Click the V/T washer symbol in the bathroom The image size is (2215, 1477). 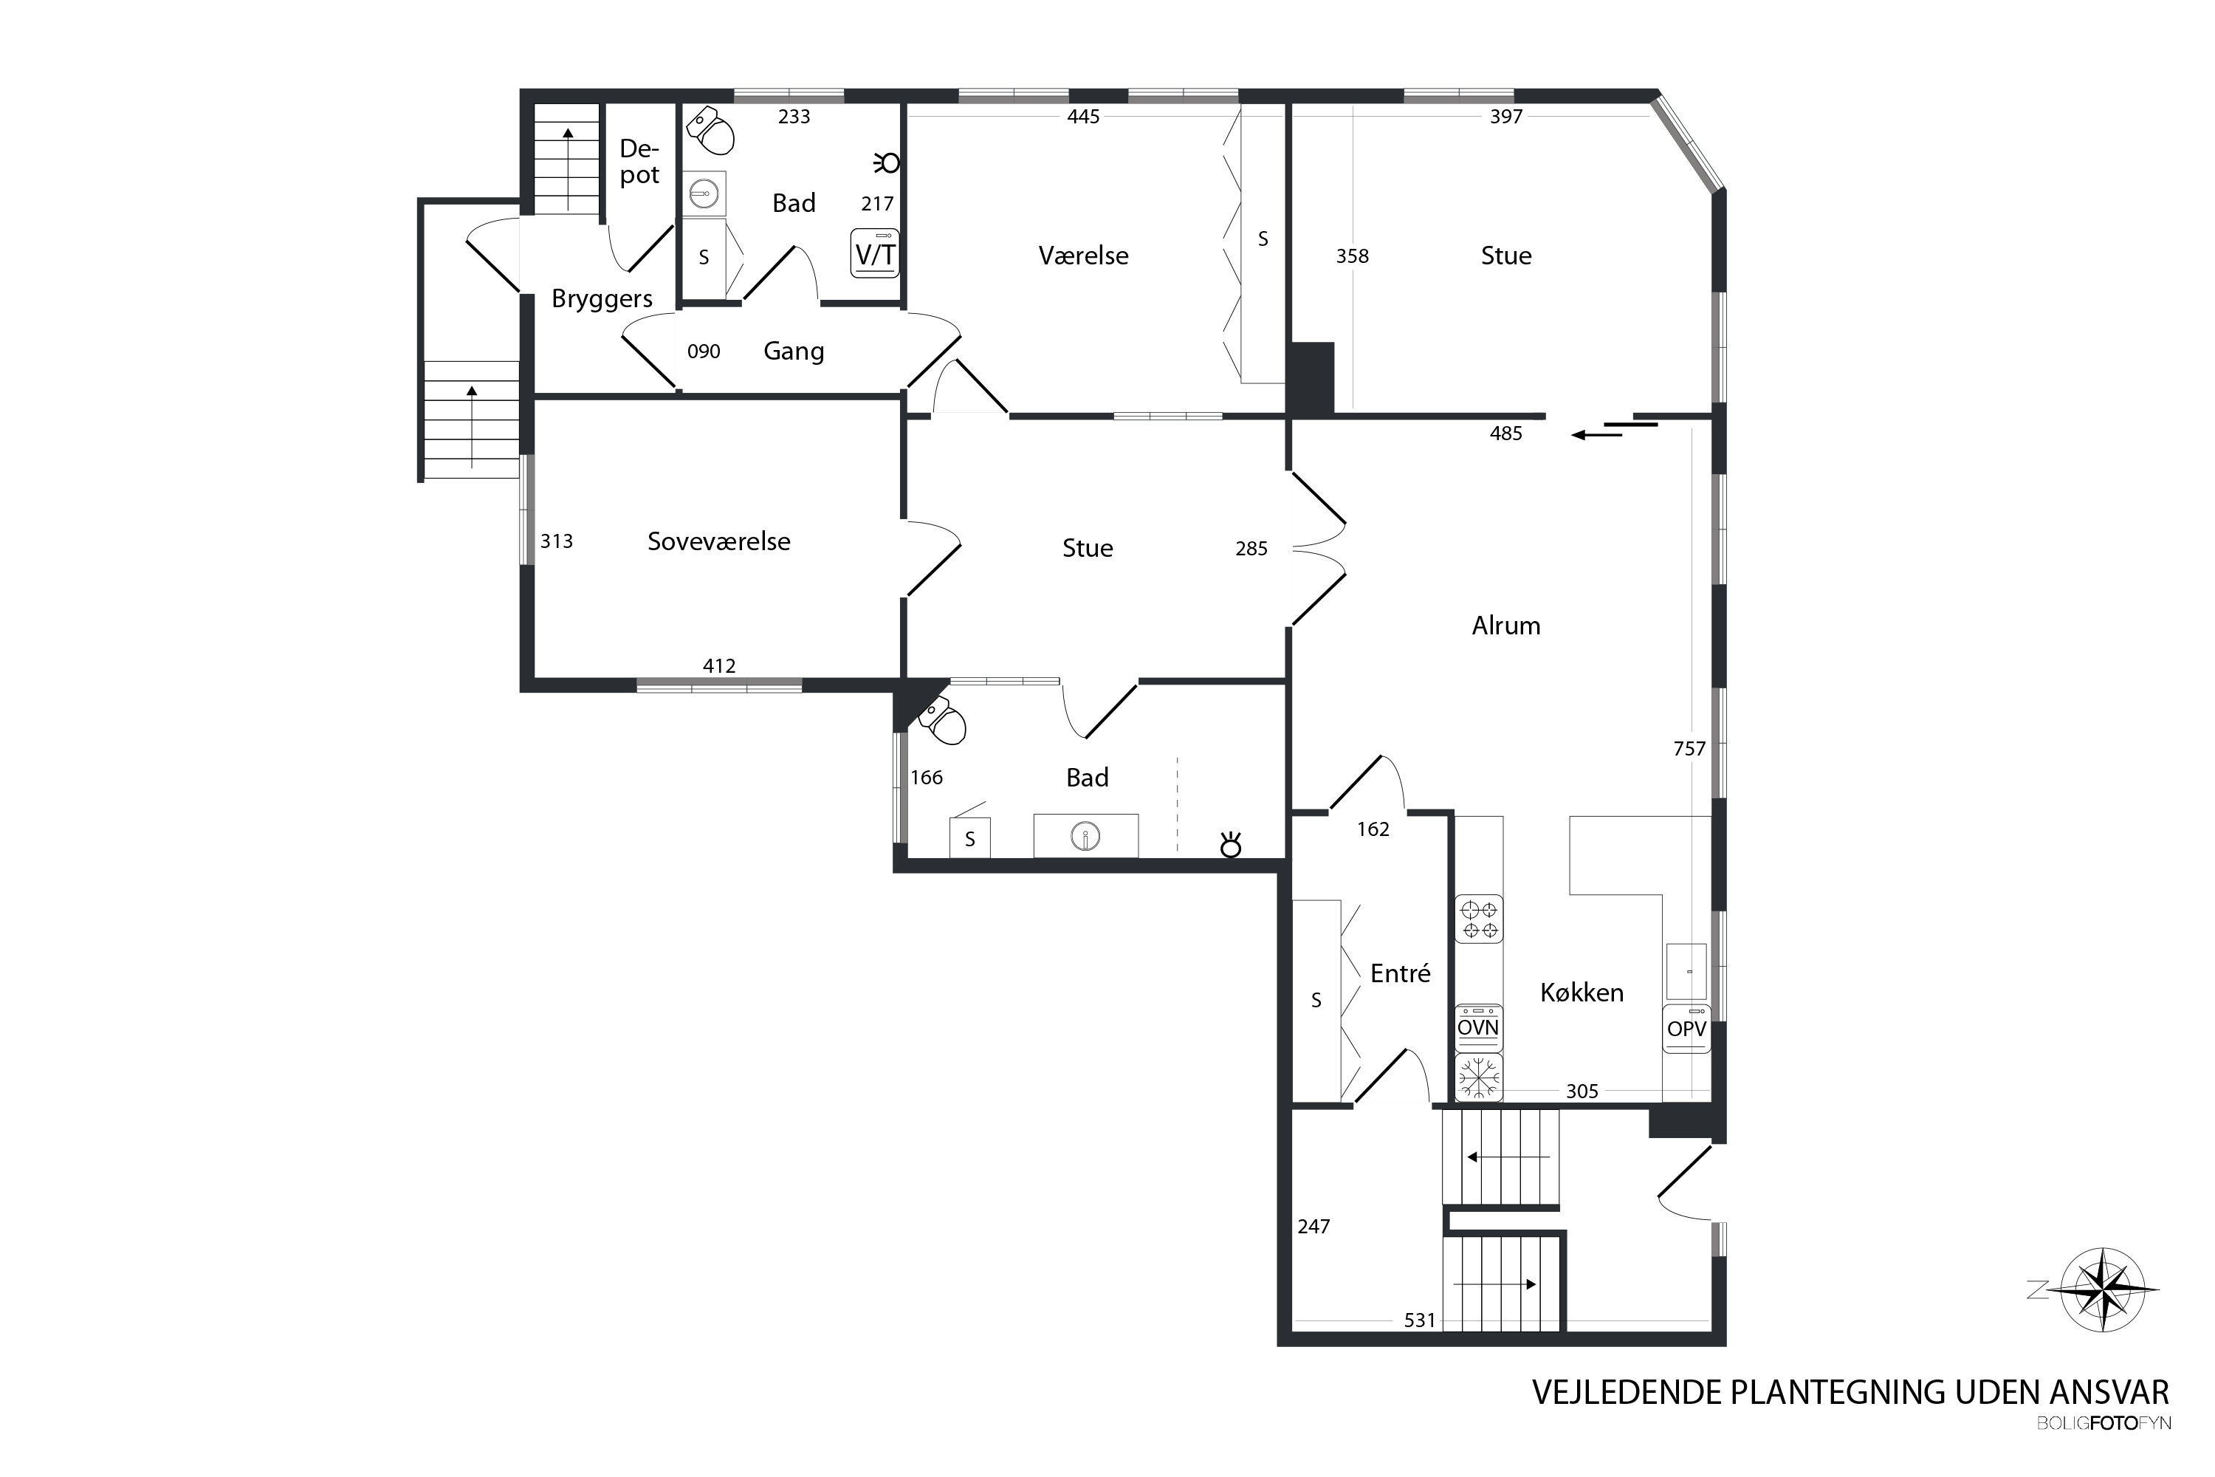point(874,253)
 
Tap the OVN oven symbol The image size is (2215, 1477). point(1477,1027)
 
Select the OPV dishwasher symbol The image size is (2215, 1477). point(1686,1028)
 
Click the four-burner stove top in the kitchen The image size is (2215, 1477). point(1479,919)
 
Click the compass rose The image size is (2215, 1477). point(2102,1289)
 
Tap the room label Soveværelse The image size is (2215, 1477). point(718,541)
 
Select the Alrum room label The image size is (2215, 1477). point(1506,626)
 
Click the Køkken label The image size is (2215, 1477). point(1582,992)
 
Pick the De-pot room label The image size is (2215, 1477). point(639,162)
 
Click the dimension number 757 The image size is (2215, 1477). point(1689,749)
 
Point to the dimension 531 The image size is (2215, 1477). point(1419,1320)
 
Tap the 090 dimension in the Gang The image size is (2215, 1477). point(704,352)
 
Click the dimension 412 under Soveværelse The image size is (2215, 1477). point(718,666)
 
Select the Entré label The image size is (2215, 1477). point(1401,973)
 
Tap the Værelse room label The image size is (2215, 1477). point(1083,256)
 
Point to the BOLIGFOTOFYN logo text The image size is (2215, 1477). point(2103,1423)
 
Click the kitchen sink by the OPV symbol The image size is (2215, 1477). point(1686,971)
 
